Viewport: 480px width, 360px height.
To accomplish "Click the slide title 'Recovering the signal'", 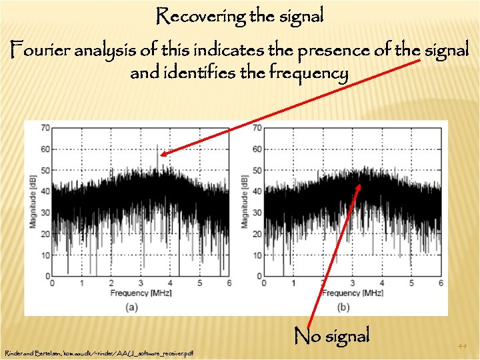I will pos(240,16).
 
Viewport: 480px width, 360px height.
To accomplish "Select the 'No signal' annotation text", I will pos(331,335).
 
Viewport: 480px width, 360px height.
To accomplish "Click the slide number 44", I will pos(463,346).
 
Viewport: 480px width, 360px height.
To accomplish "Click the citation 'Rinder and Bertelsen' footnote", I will pos(99,353).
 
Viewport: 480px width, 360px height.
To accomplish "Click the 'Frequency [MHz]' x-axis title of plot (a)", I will pos(141,293).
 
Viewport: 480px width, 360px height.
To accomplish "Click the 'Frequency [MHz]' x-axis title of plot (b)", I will pos(353,293).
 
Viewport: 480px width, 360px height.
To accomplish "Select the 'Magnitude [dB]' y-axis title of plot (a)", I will pos(33,201).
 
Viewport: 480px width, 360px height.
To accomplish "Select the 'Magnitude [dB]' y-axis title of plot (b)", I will pos(245,201).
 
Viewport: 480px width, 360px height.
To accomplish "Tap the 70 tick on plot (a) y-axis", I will pos(45,127).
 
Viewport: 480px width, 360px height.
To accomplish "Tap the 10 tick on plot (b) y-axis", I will pos(257,254).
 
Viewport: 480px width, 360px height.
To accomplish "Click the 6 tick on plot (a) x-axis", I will pos(229,283).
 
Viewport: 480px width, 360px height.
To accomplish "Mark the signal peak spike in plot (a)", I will pos(157,148).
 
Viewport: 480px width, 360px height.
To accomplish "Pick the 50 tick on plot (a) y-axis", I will pos(45,170).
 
